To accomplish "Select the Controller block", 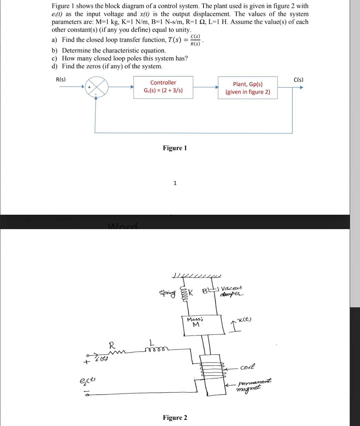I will pyautogui.click(x=163, y=87).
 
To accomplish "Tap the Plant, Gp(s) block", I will pyautogui.click(x=247, y=88).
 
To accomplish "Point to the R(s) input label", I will pyautogui.click(x=61, y=80).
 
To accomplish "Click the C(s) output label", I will pyautogui.click(x=299, y=80).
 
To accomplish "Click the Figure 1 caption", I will pyautogui.click(x=175, y=148).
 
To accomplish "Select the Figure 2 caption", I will pyautogui.click(x=175, y=417).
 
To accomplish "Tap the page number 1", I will pyautogui.click(x=175, y=183).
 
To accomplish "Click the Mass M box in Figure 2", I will pyautogui.click(x=202, y=323).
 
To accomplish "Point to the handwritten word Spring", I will pyautogui.click(x=167, y=293).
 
